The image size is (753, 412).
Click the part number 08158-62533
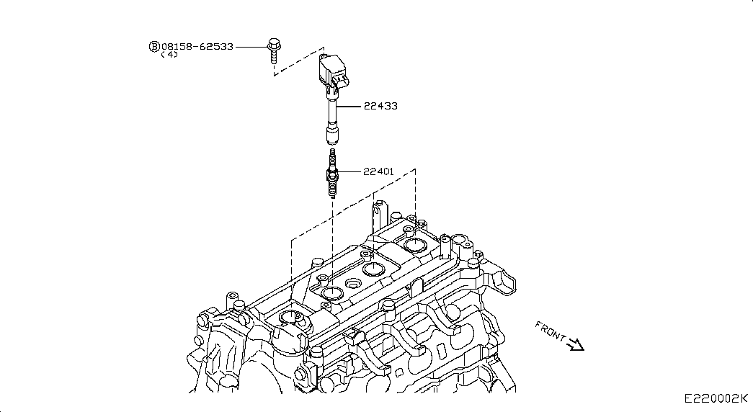click(x=197, y=46)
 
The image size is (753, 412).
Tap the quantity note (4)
click(x=169, y=55)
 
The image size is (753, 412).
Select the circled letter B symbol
click(x=154, y=46)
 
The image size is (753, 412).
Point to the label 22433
click(x=380, y=106)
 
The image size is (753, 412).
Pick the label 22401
click(x=380, y=171)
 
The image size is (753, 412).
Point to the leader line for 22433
click(x=349, y=106)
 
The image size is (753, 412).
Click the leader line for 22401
click(x=350, y=171)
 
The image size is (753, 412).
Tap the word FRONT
click(x=551, y=332)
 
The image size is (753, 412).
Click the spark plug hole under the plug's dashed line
click(x=332, y=292)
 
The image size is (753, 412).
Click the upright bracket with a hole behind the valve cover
click(x=377, y=210)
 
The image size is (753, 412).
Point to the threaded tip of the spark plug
click(x=332, y=191)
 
